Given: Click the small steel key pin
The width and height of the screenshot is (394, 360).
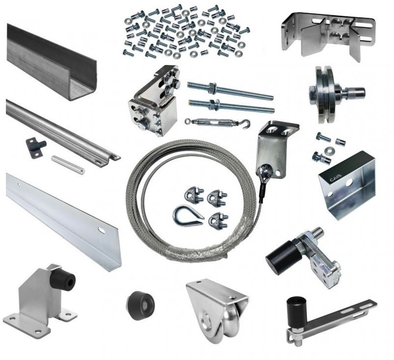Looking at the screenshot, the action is pos(67,164).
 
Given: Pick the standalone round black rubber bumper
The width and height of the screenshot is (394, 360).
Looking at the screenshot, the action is pos(140,305).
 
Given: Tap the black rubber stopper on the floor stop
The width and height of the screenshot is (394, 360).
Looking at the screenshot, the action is pos(63,280).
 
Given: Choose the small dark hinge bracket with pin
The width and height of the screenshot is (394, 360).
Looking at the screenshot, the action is pos(35,148).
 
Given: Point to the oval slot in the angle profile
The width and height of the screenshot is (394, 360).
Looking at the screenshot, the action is pos(101,229).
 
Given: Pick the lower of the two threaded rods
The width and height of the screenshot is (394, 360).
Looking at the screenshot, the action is pos(231,106).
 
